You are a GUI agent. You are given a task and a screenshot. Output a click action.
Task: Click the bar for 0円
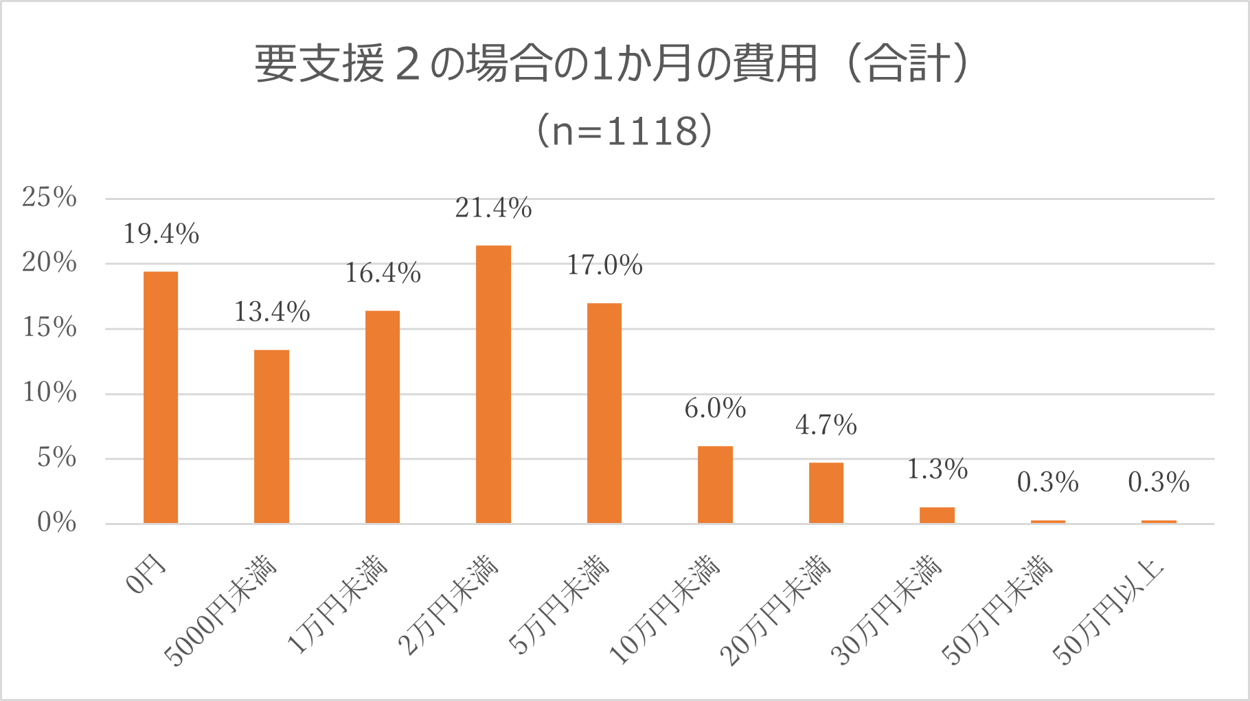tap(161, 397)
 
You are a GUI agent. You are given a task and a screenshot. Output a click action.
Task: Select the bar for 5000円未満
tap(271, 436)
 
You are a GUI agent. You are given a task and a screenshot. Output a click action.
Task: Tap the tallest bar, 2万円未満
tap(493, 384)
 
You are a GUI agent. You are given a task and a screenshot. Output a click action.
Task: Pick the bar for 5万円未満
tap(604, 413)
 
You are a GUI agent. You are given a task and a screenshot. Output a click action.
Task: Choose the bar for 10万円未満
tap(715, 485)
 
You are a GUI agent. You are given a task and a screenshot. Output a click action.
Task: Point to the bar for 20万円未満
tap(826, 493)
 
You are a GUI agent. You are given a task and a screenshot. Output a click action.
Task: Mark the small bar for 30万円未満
tap(937, 515)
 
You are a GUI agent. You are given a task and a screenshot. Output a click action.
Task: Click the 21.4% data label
tap(493, 208)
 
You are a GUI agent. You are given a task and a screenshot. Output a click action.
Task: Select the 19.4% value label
tap(161, 234)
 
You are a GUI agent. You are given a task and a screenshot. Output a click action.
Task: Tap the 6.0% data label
tap(715, 409)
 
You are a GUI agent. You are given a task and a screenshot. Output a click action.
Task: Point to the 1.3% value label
tap(937, 469)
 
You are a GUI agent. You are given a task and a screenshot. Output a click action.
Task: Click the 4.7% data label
tap(826, 425)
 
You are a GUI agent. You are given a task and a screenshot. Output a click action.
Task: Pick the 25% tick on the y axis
tap(49, 198)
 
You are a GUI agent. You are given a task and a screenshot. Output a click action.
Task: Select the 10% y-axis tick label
tap(49, 393)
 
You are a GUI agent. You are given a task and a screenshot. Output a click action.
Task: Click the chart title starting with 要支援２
tap(611, 64)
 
